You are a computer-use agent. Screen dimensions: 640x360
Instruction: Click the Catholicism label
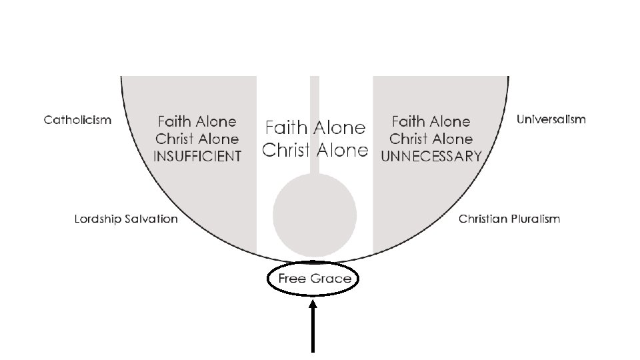77,120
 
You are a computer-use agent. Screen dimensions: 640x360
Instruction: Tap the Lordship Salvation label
126,219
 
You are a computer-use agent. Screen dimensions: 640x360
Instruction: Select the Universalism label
551,119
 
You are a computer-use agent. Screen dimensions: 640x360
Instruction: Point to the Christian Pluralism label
509,219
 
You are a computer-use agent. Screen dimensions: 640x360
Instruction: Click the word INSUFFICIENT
197,157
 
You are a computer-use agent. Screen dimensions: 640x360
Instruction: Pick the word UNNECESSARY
431,157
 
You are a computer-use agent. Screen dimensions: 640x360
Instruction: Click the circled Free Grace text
314,279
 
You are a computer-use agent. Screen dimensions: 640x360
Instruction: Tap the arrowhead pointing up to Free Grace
313,307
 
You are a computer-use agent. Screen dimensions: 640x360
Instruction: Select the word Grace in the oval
331,279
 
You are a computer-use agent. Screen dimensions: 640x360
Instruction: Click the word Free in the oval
292,279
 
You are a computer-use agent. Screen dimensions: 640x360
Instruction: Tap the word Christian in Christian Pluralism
481,219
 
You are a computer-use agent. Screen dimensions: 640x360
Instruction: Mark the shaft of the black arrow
313,333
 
